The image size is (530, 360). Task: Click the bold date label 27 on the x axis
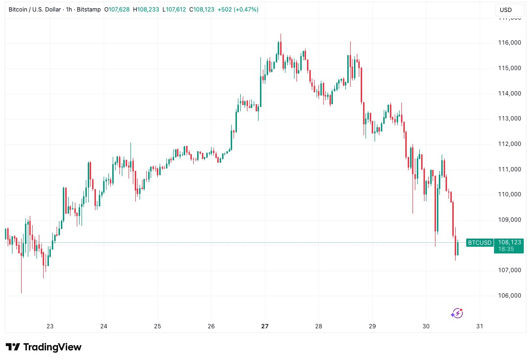click(x=265, y=326)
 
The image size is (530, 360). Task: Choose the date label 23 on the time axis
click(x=50, y=326)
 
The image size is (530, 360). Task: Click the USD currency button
click(x=506, y=10)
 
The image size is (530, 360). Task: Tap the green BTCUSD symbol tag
click(x=480, y=243)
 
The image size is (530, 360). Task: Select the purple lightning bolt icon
click(x=457, y=313)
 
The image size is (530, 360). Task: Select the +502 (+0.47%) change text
click(x=238, y=10)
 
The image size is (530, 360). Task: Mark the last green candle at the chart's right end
click(x=458, y=248)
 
